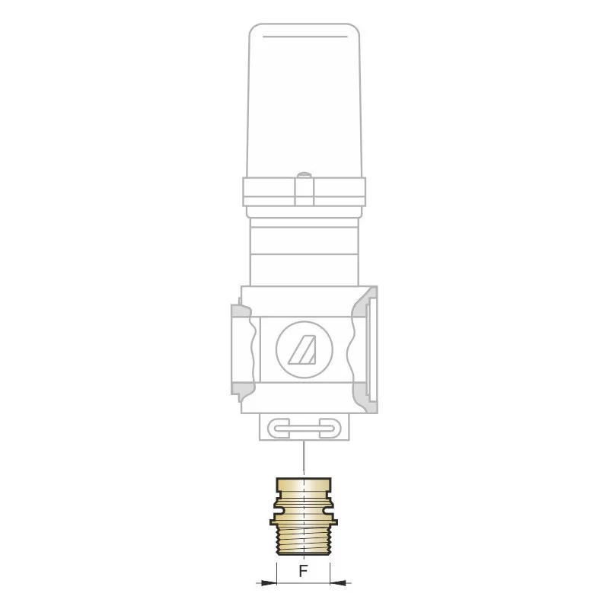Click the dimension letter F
[x=303, y=572]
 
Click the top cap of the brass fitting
[x=303, y=484]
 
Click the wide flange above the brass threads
[x=303, y=521]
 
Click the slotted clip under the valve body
[x=304, y=428]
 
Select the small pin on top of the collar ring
[x=304, y=177]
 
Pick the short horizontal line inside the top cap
[x=304, y=37]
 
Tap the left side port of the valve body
[x=244, y=349]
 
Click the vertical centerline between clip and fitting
[x=304, y=457]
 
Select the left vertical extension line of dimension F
[x=276, y=571]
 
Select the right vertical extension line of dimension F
[x=330, y=571]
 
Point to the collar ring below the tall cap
[x=304, y=192]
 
